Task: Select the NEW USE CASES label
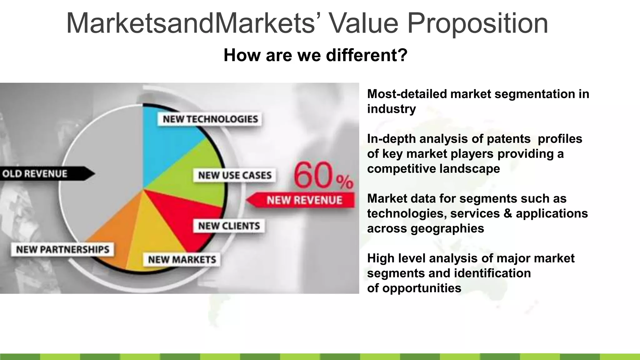pyautogui.click(x=235, y=175)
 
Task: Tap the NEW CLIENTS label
pyautogui.click(x=229, y=226)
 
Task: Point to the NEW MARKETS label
pyautogui.click(x=182, y=260)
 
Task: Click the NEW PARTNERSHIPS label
pyautogui.click(x=62, y=250)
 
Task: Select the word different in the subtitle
pyautogui.click(x=366, y=55)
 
